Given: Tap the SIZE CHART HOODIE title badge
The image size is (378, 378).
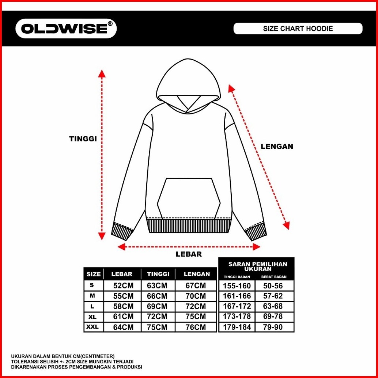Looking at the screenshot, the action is [298, 29].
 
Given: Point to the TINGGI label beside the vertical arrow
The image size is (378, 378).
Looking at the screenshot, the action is [83, 139].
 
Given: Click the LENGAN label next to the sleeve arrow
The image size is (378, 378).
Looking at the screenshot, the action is [277, 146].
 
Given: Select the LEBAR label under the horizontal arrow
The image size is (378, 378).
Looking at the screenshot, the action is [189, 254].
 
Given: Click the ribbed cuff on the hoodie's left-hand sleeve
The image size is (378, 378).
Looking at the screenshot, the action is [121, 231].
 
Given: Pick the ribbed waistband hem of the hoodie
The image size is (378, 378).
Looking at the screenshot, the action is [190, 226].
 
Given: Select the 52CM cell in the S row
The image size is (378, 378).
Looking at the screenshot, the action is [122, 286].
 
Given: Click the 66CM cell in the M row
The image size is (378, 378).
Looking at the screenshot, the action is [157, 296].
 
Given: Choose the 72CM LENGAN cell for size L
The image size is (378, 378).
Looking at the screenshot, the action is [196, 306].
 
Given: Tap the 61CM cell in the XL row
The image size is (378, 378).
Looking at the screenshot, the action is [122, 316].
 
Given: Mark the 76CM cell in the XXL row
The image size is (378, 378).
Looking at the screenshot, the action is [196, 327].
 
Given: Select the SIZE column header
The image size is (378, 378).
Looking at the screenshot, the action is [94, 274].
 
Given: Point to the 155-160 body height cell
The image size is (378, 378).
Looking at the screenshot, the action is [237, 286].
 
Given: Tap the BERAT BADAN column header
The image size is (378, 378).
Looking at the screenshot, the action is [275, 277].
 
